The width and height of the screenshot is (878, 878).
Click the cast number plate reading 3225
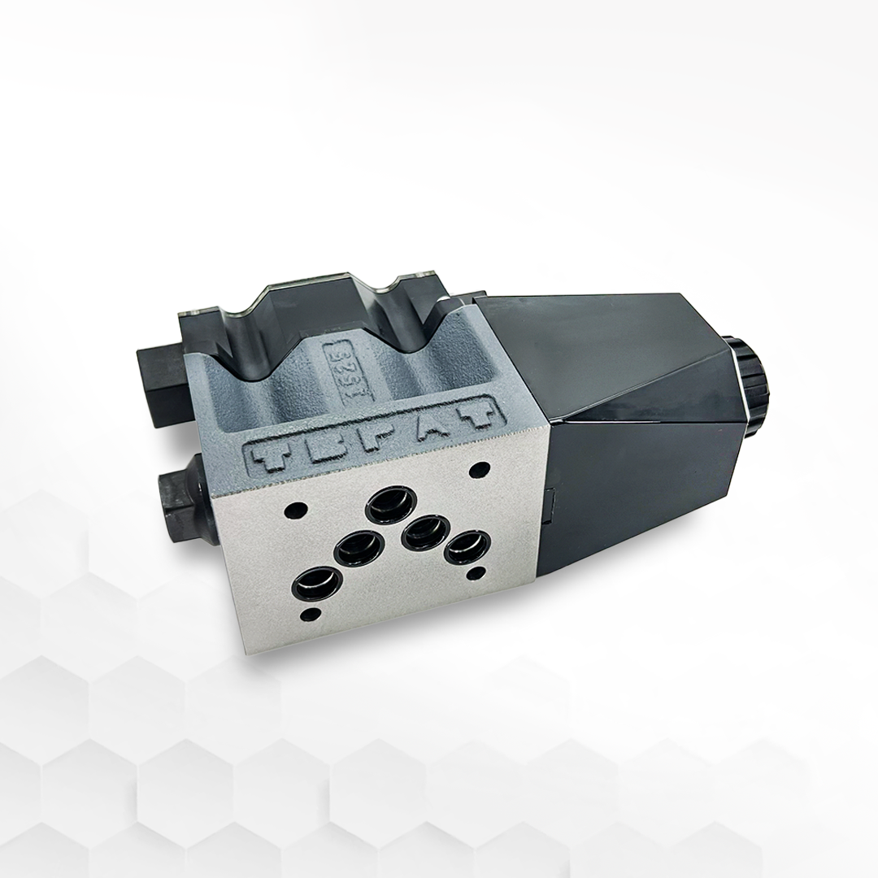pyautogui.click(x=336, y=362)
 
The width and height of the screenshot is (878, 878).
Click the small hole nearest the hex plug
pyautogui.click(x=297, y=511)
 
